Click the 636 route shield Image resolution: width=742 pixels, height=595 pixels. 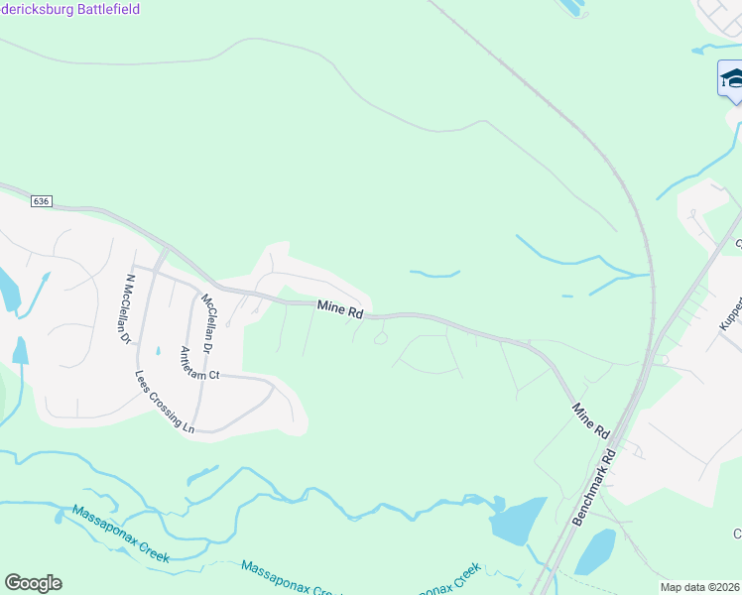coord(41,200)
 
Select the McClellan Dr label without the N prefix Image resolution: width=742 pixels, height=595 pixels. coord(209,322)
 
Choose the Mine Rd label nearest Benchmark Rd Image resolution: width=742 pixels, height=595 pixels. coord(589,420)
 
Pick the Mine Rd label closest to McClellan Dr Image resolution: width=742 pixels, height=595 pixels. coord(340,309)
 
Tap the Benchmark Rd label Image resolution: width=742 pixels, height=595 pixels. coord(595,487)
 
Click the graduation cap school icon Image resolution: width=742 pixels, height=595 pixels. coord(731,78)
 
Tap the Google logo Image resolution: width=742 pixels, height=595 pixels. coord(33,583)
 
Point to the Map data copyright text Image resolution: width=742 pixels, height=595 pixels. coord(700,587)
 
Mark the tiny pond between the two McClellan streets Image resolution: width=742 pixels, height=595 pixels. coord(158,350)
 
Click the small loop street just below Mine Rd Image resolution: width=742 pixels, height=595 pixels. coord(381,340)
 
